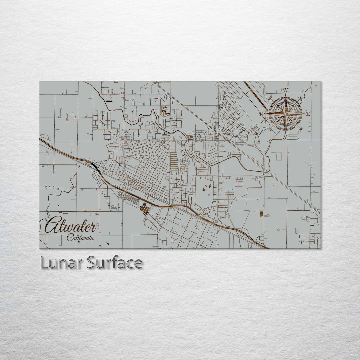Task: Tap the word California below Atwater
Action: pyautogui.click(x=80, y=238)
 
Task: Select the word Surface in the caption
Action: pyautogui.click(x=115, y=263)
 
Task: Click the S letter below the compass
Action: pyautogui.click(x=285, y=137)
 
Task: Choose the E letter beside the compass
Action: pyautogui.click(x=308, y=114)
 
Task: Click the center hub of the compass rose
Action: pyautogui.click(x=285, y=114)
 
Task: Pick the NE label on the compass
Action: pyautogui.click(x=300, y=98)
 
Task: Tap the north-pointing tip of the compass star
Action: pyautogui.click(x=285, y=96)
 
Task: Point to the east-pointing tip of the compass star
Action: pyautogui.click(x=304, y=114)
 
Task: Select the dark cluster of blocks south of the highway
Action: pyautogui.click(x=145, y=209)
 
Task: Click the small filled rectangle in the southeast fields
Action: pyautogui.click(x=261, y=214)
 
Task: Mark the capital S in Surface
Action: pyautogui.click(x=92, y=263)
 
